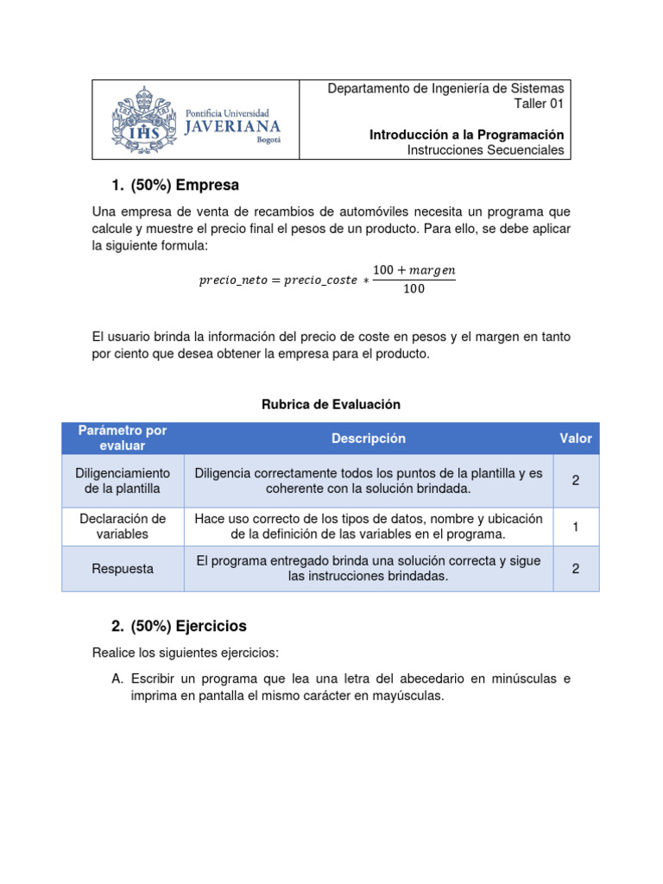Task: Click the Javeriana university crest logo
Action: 143,120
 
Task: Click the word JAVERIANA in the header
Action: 233,127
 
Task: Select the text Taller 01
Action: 539,104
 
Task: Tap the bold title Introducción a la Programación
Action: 466,135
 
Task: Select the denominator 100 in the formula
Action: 414,289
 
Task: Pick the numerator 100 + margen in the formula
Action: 414,270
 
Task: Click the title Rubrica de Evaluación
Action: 331,404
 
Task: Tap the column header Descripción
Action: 368,439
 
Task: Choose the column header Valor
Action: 575,439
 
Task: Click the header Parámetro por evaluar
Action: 123,438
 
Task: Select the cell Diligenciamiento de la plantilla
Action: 123,481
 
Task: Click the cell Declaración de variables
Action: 123,527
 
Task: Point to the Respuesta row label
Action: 123,569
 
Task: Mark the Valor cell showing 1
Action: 575,527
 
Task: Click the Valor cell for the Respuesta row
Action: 575,569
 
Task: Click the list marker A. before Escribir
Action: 117,679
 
